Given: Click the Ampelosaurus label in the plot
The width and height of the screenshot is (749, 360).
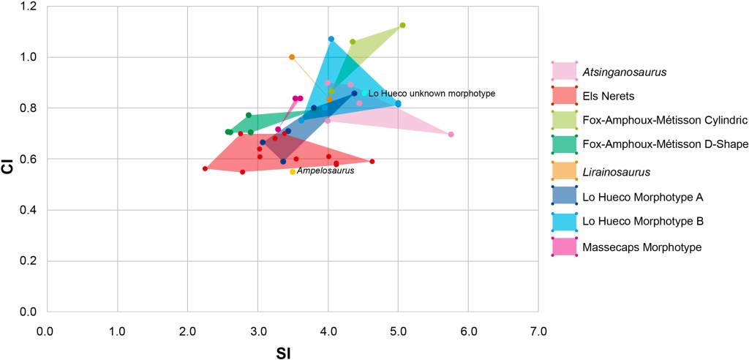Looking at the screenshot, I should tap(325, 171).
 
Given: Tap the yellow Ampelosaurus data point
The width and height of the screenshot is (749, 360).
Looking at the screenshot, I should tap(293, 172).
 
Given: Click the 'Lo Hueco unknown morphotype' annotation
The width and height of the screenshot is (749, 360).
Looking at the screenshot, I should tap(432, 94).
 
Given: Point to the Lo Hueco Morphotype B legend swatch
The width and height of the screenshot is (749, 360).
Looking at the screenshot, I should tap(564, 220).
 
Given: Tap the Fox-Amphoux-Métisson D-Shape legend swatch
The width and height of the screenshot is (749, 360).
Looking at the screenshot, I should tap(564, 144).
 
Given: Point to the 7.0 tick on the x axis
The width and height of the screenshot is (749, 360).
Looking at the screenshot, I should tap(538, 331).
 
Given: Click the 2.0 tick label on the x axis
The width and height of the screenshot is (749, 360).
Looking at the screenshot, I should tap(187, 331).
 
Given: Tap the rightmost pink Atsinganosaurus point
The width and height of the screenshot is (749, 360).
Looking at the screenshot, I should tap(451, 135).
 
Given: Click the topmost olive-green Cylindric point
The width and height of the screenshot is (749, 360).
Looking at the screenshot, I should tap(402, 26).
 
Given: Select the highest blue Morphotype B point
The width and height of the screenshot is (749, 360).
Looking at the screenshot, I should tap(331, 39).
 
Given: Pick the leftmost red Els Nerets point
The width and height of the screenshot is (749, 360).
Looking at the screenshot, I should tap(206, 168).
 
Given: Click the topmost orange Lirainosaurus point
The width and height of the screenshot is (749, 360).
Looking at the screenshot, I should tap(292, 57).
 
